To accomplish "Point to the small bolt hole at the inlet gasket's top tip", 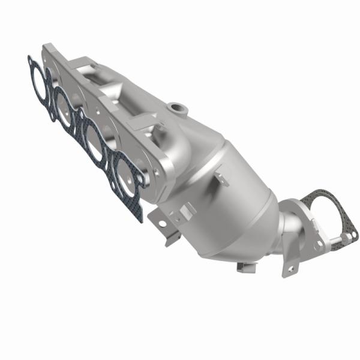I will pyautogui.click(x=31, y=61).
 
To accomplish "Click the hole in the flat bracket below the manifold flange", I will pyautogui.click(x=161, y=223).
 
